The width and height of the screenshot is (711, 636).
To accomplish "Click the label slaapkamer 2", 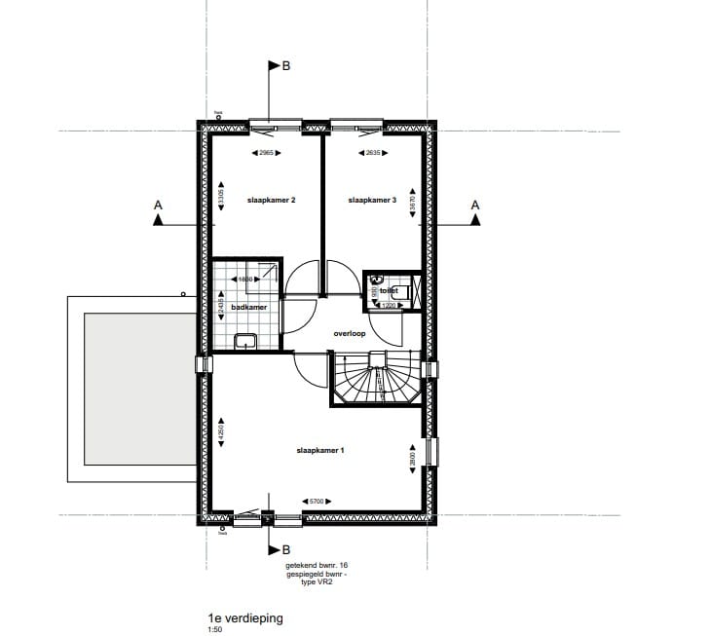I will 271,200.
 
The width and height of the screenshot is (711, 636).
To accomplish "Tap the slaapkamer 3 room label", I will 372,200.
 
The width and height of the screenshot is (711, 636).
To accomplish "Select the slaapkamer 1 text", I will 321,451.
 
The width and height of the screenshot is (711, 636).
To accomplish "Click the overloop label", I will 348,332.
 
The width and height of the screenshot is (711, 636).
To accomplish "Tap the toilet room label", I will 390,290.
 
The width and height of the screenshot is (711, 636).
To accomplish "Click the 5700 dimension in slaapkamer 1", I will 316,502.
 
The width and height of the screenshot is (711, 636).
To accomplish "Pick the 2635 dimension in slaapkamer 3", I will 371,153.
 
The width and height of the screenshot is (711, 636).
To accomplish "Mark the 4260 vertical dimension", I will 222,433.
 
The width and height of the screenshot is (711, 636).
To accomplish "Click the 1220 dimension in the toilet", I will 387,306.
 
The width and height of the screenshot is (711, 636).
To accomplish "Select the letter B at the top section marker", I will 286,67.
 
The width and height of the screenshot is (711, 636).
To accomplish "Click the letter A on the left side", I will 157,206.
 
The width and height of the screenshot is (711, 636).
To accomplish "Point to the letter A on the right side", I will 475,206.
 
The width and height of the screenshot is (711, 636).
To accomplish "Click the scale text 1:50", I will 214,629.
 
